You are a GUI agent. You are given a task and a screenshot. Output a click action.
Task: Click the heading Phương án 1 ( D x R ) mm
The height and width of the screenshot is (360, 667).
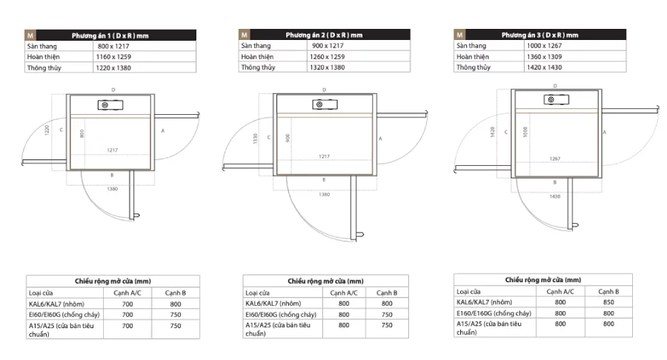pyautogui.click(x=110, y=36)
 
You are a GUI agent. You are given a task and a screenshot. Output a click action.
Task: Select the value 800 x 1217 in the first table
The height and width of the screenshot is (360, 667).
pyautogui.click(x=113, y=47)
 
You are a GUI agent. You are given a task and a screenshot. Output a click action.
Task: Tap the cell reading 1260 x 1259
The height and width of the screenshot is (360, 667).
pyautogui.click(x=327, y=56)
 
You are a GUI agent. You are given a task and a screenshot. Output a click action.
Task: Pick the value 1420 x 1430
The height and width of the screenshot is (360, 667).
pyautogui.click(x=544, y=67)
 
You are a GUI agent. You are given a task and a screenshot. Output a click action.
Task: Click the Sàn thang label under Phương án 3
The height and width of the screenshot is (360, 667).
pyautogui.click(x=471, y=45)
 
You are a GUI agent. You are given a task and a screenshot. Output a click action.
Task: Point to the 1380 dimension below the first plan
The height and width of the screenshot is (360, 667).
pyautogui.click(x=113, y=189)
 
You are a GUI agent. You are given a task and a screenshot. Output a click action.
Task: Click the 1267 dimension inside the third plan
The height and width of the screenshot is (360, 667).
pyautogui.click(x=554, y=159)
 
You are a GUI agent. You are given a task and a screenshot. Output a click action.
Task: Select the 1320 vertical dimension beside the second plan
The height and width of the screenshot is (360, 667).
pyautogui.click(x=255, y=138)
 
